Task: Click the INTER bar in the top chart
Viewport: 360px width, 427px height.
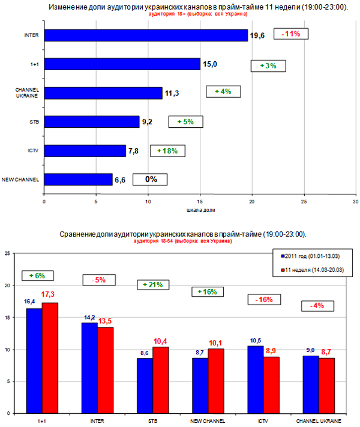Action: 146,36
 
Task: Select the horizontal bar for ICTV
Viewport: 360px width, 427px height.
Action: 85,151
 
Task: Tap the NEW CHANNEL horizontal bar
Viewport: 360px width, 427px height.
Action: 78,179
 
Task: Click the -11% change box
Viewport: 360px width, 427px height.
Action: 291,34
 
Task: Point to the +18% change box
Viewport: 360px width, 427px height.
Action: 167,151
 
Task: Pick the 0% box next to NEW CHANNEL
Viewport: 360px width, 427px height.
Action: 149,179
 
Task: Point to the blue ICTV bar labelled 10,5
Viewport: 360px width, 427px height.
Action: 255,380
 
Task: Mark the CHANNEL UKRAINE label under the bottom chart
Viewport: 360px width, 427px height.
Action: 317,420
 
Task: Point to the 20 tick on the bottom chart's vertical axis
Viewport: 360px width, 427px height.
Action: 8,286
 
